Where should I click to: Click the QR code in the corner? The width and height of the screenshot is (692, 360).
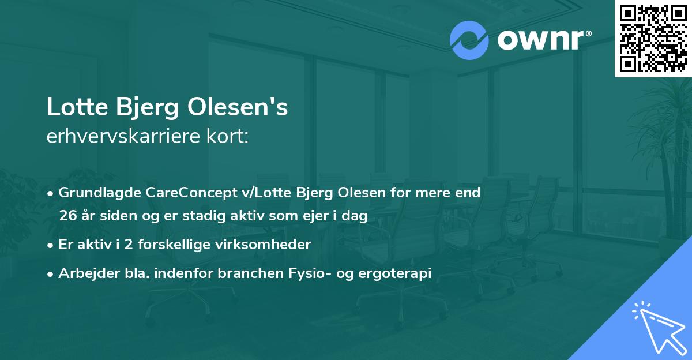click(x=653, y=38)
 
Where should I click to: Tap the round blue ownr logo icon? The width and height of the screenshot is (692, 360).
click(x=469, y=40)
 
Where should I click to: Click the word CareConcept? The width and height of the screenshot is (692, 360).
click(x=178, y=193)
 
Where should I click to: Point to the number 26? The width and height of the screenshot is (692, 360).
click(x=67, y=216)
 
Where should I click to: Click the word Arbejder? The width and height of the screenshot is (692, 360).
click(x=85, y=273)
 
